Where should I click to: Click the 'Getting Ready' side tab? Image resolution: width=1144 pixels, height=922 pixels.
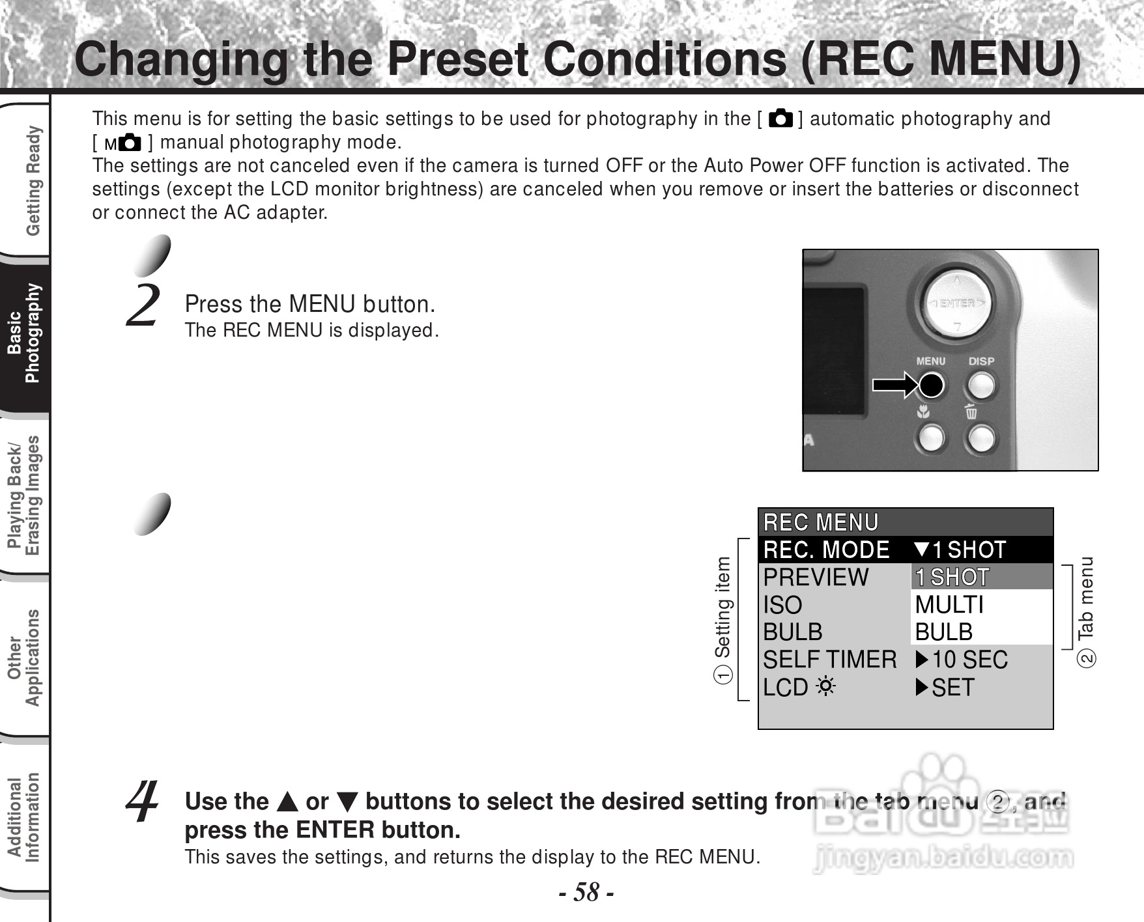(31, 180)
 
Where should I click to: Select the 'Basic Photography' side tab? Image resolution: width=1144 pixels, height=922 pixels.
(25, 333)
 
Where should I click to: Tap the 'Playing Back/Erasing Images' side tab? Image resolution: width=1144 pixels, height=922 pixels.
(25, 495)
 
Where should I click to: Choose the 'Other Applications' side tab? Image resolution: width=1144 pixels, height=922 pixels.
(25, 657)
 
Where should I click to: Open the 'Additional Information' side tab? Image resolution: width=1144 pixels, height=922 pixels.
(25, 818)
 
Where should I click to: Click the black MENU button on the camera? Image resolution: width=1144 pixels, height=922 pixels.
(931, 385)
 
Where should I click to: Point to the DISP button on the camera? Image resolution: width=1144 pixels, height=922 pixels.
(980, 385)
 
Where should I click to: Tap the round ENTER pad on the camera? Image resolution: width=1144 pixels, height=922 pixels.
(957, 303)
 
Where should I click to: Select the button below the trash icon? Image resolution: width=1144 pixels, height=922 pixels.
(980, 439)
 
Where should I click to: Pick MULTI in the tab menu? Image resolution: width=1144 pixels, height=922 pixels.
(949, 605)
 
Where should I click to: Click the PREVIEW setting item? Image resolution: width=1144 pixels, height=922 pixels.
(816, 578)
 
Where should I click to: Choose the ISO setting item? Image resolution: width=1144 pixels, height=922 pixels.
(782, 605)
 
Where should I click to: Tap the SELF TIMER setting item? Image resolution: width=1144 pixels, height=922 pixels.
(829, 660)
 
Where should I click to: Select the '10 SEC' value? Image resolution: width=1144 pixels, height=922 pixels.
(969, 660)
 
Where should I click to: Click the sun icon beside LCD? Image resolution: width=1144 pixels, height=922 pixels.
(825, 688)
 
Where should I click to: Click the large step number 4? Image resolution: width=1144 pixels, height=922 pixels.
(143, 802)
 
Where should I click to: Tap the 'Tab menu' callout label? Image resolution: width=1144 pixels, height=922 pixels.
(1086, 598)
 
